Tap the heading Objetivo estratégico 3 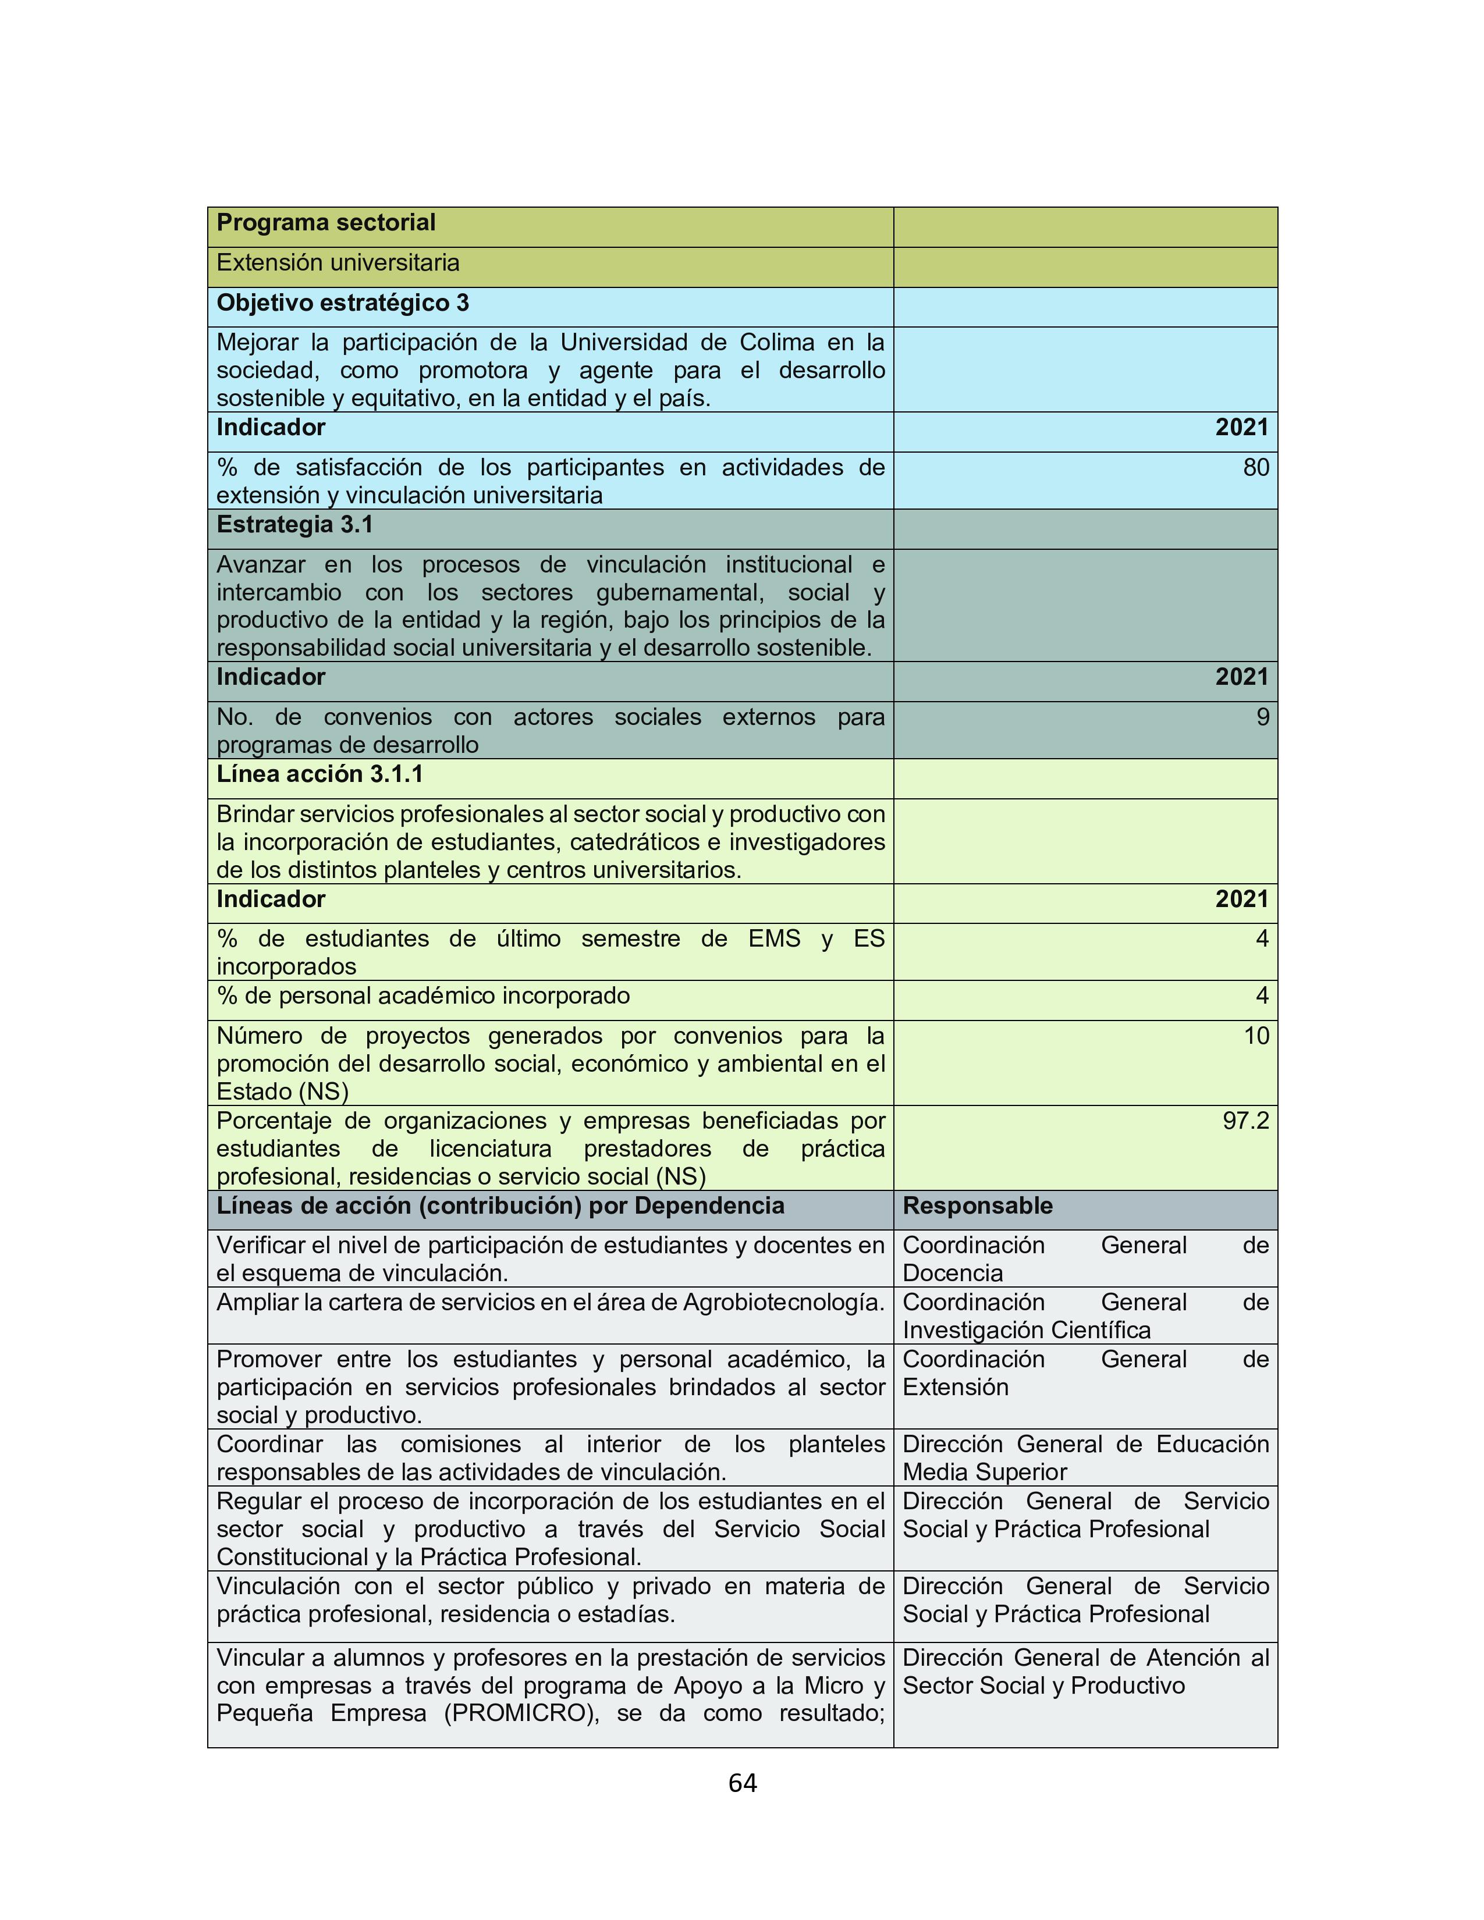point(342,303)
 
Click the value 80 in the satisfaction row point(1255,468)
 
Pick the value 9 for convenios point(1262,717)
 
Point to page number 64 point(742,1783)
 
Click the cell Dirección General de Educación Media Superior point(1085,1459)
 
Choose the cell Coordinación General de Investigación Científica point(1085,1316)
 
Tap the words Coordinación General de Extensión point(1085,1373)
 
